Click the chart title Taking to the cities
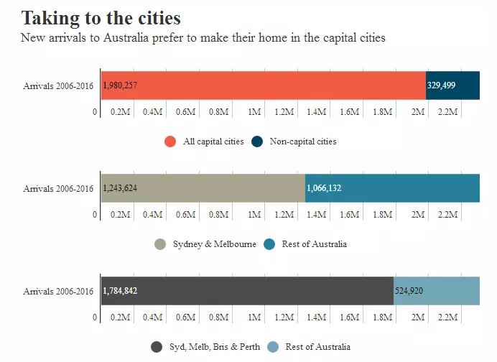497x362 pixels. click(101, 17)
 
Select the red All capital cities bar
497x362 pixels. click(273, 85)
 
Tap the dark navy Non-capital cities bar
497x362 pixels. click(460, 85)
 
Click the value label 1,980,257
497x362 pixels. click(120, 85)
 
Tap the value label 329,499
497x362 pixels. click(442, 85)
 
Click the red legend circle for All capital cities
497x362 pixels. click(170, 141)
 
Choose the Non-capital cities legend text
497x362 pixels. click(303, 141)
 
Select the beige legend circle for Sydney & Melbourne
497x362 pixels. click(160, 244)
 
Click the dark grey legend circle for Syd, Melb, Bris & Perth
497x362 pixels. click(157, 347)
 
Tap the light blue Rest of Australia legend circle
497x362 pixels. click(273, 347)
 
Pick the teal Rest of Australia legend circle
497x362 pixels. click(269, 244)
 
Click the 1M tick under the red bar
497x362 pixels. click(254, 112)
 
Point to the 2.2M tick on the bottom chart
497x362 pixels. click(448, 317)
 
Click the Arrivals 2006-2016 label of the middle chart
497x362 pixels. click(58, 189)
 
